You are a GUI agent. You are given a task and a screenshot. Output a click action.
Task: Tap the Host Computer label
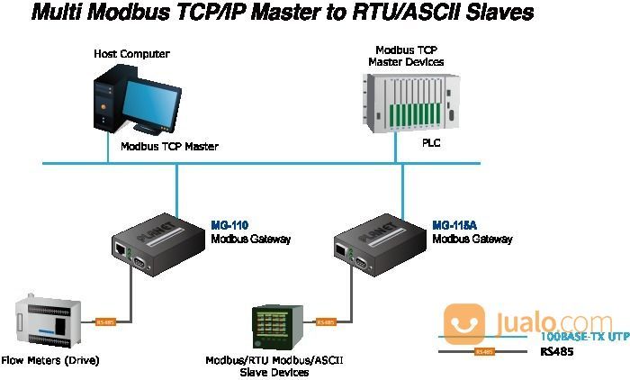click(x=131, y=54)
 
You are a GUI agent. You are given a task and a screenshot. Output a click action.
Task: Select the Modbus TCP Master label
click(x=169, y=146)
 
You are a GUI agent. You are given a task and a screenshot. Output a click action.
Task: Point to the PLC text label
click(x=432, y=142)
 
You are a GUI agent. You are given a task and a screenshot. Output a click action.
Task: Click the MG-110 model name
click(x=229, y=225)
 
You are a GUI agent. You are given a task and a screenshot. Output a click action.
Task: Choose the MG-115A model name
click(x=455, y=225)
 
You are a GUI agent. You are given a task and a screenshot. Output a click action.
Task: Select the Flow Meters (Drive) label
click(x=50, y=360)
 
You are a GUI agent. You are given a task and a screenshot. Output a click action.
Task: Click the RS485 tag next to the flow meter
click(x=105, y=321)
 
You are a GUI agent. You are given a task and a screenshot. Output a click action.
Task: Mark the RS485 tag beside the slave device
click(x=326, y=321)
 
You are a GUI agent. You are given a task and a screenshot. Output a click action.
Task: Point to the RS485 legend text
click(x=557, y=351)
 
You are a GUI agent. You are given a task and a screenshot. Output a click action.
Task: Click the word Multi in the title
click(x=59, y=14)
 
